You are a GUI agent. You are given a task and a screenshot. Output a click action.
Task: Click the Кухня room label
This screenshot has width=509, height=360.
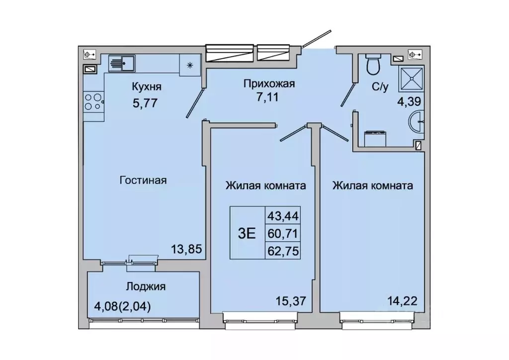147,88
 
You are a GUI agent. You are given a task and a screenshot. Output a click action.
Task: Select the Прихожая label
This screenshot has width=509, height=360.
269,84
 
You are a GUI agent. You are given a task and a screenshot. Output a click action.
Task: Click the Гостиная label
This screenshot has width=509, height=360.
143,180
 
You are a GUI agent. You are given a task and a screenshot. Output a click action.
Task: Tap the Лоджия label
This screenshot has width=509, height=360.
146,286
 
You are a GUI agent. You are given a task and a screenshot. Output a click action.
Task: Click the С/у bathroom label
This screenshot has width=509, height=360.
380,88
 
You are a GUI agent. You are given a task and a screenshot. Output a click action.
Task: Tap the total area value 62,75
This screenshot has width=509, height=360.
285,250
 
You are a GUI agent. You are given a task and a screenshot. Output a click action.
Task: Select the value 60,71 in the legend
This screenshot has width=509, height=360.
285,233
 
